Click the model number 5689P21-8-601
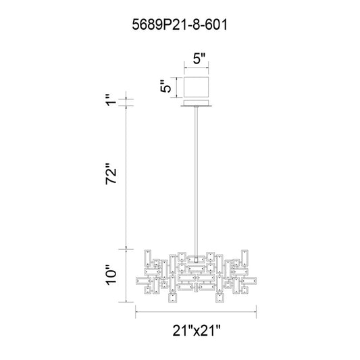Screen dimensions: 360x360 pos(180,25)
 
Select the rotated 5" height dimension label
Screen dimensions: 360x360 pos(165,86)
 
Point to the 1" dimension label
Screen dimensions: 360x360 pos(112,100)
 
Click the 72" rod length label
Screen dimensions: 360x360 pos(111,174)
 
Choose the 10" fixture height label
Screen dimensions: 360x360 pos(111,276)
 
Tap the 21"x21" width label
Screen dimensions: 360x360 pos(197,330)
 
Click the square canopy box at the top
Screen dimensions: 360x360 pos(196,87)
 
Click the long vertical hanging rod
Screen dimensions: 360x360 pos(196,182)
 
